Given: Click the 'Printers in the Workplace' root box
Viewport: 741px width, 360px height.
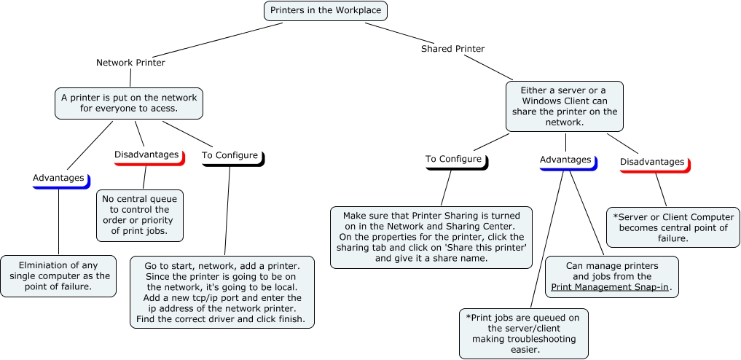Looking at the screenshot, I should click(324, 11).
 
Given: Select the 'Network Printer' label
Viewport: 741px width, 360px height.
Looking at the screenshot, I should click(130, 63).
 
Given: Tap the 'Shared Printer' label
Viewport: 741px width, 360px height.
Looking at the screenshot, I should click(452, 50).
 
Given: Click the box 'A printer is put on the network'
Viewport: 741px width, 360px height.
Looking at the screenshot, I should click(129, 103).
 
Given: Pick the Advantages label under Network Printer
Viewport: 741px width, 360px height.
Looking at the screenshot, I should click(58, 178).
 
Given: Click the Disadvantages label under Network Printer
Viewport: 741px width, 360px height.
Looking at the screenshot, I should click(146, 155).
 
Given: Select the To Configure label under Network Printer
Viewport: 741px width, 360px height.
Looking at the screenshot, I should click(230, 155).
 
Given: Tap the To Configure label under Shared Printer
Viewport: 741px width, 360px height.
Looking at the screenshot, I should click(453, 159).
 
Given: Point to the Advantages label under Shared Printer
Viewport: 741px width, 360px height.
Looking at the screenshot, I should click(565, 160).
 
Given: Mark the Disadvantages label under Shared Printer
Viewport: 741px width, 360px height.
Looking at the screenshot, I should click(652, 162).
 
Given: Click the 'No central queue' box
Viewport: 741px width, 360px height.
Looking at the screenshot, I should click(140, 215).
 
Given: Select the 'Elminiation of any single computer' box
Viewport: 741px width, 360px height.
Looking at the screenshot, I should click(58, 275).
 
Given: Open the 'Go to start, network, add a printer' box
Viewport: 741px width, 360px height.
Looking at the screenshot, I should click(222, 291).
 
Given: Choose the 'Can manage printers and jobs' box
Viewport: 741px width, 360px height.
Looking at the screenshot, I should click(611, 276).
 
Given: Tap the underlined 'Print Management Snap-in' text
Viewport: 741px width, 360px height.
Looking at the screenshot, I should click(611, 288).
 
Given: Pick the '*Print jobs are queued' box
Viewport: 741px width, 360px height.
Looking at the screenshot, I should click(523, 333).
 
